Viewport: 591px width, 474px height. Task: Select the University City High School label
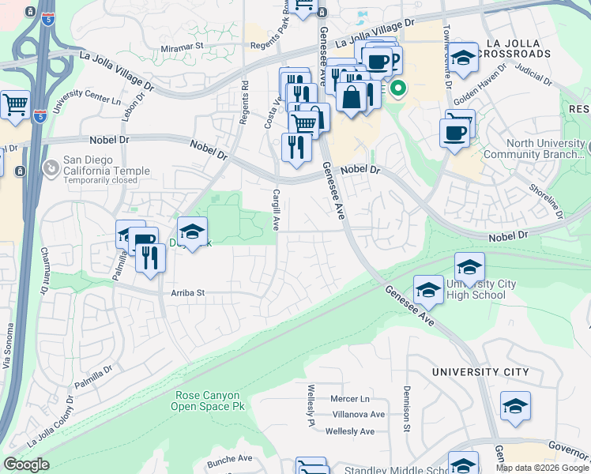pyautogui.click(x=476, y=289)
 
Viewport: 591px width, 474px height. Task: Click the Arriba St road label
pyautogui.click(x=188, y=293)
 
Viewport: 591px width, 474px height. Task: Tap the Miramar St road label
pyautogui.click(x=183, y=46)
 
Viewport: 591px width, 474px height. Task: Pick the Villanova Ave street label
pyautogui.click(x=357, y=415)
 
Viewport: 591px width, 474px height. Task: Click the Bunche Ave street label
pyautogui.click(x=229, y=458)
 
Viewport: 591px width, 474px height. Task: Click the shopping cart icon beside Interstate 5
pyautogui.click(x=14, y=105)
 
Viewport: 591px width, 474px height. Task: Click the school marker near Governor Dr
pyautogui.click(x=515, y=406)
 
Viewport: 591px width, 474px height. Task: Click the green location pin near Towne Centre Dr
pyautogui.click(x=398, y=88)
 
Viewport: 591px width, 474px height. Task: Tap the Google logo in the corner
pyautogui.click(x=26, y=465)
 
